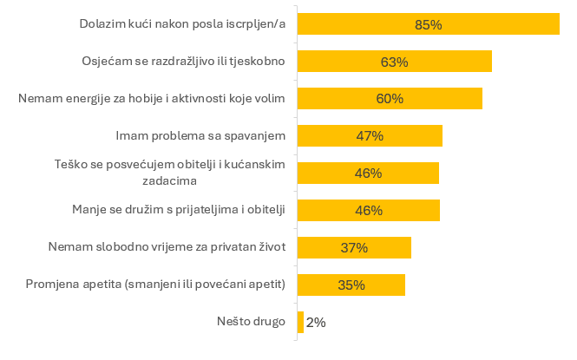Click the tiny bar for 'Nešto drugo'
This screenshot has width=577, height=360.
300,322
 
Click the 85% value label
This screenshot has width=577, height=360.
429,25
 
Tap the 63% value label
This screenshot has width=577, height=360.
394,62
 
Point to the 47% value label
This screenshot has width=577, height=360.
370,136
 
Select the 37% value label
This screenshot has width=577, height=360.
354,248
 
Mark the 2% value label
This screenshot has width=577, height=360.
316,323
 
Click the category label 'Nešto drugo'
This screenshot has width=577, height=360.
251,322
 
